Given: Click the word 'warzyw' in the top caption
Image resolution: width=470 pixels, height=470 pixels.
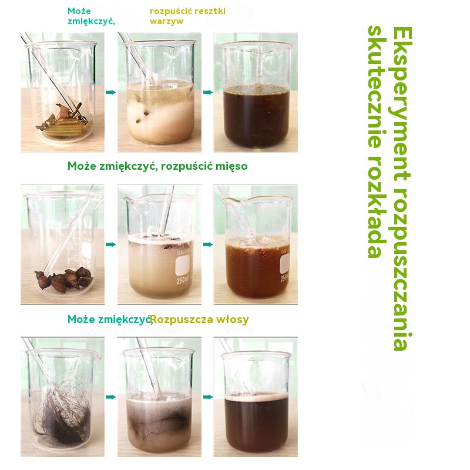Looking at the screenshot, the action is (166, 22).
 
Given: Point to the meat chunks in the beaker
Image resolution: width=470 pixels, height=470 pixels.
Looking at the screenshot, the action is (64, 278).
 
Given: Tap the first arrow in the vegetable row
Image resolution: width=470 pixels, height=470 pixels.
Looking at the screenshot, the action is (111, 92).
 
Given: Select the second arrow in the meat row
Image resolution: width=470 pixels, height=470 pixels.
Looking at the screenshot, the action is (208, 244).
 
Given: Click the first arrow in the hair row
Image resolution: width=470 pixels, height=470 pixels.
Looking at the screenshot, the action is (111, 397).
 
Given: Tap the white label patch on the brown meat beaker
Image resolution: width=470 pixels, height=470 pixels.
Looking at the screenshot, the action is (285, 264).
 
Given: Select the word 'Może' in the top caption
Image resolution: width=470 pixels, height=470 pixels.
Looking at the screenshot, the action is (79, 11).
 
